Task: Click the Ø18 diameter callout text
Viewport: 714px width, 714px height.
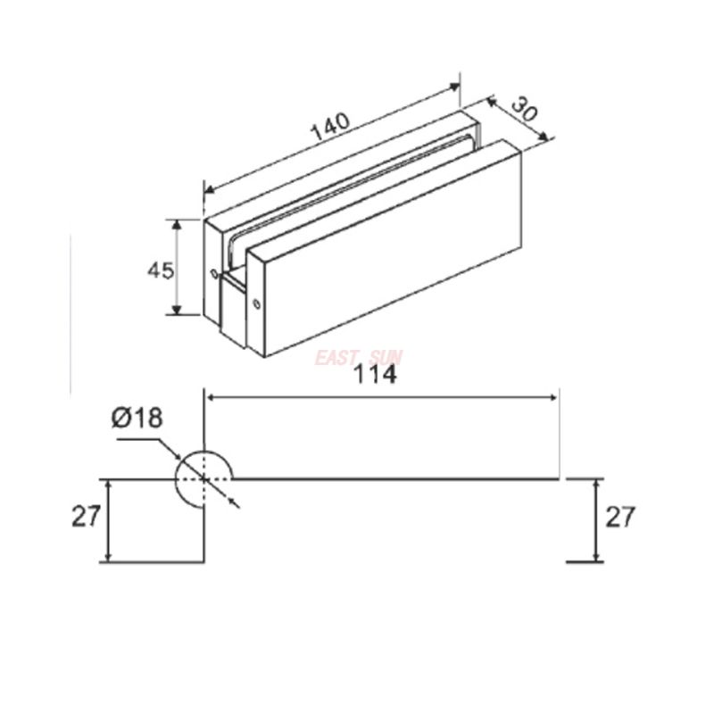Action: (x=137, y=419)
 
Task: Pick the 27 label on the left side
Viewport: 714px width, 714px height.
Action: (x=86, y=517)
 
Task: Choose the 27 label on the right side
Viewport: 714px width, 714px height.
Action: (x=621, y=517)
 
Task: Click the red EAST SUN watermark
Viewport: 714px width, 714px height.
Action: (x=359, y=359)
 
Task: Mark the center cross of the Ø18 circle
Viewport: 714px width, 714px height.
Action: (x=203, y=478)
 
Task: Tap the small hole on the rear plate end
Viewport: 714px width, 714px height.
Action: (x=213, y=274)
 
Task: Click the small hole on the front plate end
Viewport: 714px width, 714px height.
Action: (x=258, y=303)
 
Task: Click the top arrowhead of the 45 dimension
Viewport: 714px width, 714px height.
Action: (x=177, y=223)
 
